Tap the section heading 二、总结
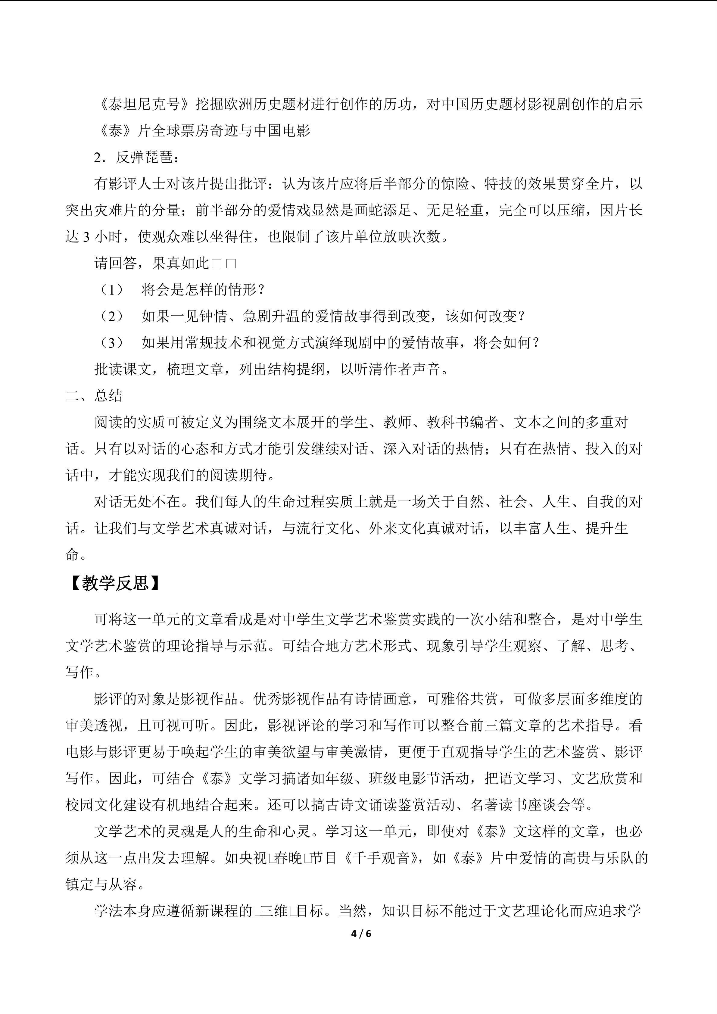[94, 396]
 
